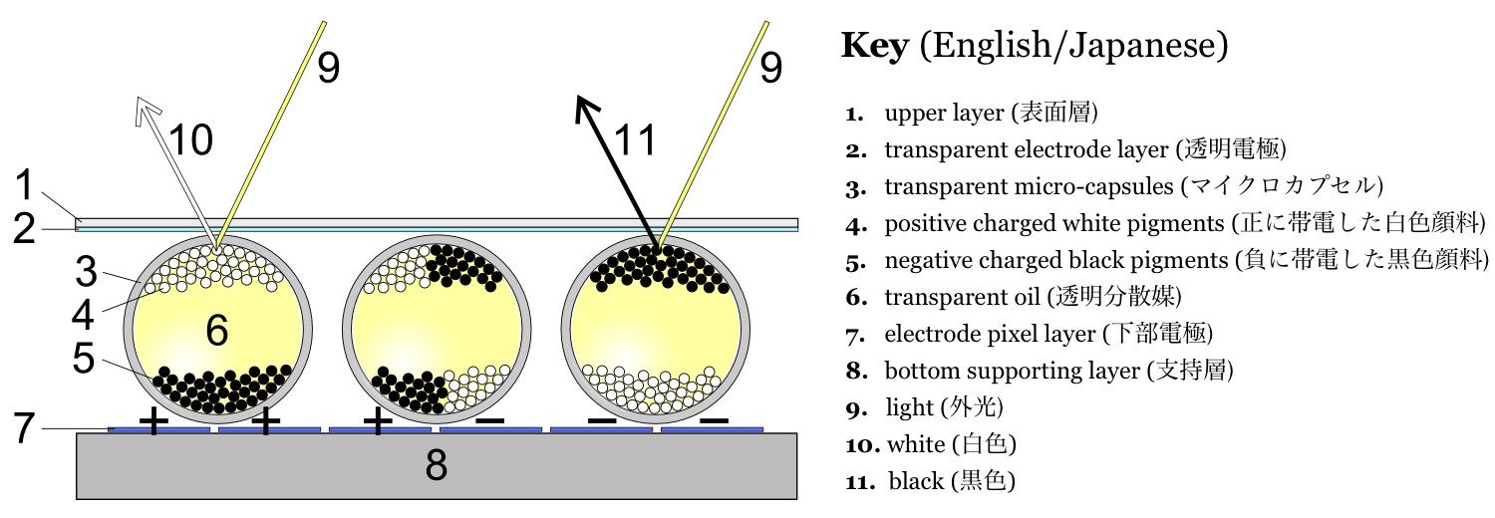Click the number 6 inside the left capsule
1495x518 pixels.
[216, 332]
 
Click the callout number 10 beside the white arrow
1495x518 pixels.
[190, 140]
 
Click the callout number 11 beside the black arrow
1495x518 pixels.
[635, 140]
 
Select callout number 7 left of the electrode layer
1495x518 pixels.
[27, 428]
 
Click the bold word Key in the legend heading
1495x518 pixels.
[875, 46]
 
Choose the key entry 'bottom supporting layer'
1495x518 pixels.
[1058, 371]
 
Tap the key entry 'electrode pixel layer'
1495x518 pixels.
[1047, 333]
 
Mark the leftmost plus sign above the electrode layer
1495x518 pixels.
[152, 421]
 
